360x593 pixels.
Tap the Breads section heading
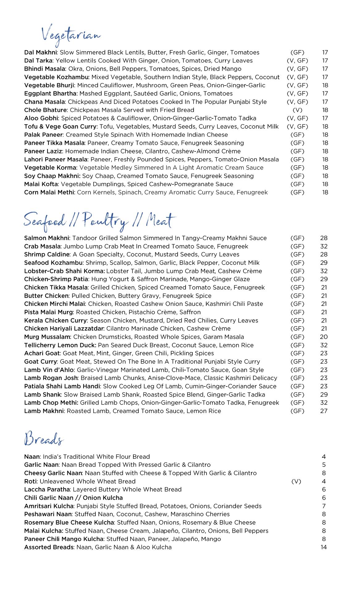pos(44,439)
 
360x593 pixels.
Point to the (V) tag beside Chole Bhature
pos(297,110)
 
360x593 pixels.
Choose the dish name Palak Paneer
pos(44,135)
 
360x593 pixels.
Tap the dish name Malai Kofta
pos(41,184)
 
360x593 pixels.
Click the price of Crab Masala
pos(324,246)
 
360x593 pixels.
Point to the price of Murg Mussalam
pos(324,337)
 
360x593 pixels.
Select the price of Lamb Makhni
pos(324,411)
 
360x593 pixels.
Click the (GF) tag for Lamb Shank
pos(297,394)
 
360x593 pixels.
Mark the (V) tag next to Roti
pos(296,481)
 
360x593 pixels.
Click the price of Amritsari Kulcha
pos(324,506)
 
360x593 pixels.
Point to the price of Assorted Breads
pos(324,547)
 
